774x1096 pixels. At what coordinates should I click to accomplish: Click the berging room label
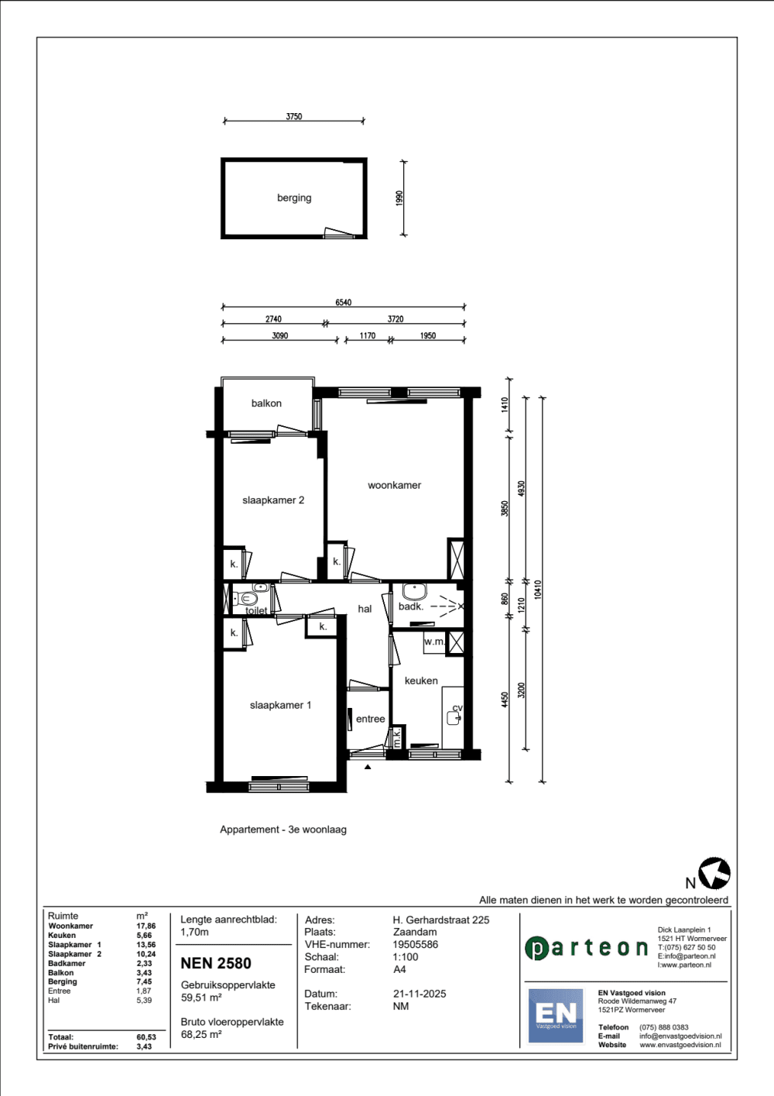[294, 198]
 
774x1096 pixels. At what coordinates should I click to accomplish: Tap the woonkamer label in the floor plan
[394, 486]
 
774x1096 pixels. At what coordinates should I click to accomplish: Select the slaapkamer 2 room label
[273, 500]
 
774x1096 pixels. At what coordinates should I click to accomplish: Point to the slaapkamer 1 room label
[280, 706]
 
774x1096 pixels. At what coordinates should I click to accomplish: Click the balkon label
[266, 404]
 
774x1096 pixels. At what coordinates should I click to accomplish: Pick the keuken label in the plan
[421, 681]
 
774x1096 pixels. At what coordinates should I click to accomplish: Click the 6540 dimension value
[343, 303]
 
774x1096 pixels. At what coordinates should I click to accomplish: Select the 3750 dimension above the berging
[293, 117]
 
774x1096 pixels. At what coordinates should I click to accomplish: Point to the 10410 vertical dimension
[538, 589]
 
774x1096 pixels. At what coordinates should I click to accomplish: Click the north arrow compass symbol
[714, 873]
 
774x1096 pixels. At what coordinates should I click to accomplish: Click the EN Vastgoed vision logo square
[556, 1015]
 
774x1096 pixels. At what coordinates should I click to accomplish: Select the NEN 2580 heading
[216, 964]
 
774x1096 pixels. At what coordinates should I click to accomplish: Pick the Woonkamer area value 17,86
[146, 926]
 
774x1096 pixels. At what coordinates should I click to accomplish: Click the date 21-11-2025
[420, 994]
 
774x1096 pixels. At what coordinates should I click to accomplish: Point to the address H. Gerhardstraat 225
[441, 920]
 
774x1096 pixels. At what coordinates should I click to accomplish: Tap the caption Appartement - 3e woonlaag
[283, 830]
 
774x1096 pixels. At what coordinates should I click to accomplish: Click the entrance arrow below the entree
[368, 767]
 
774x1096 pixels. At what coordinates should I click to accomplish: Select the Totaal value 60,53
[146, 1037]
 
